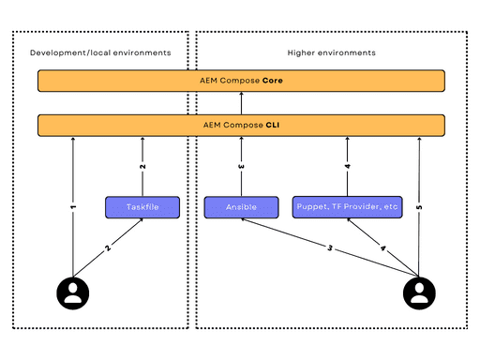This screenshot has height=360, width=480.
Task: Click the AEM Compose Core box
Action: click(x=241, y=81)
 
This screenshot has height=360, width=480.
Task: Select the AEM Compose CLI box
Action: click(x=241, y=125)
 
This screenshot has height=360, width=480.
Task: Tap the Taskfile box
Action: click(x=142, y=206)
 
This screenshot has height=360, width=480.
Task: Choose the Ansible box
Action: click(x=241, y=206)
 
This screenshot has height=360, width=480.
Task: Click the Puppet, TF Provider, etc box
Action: click(x=347, y=206)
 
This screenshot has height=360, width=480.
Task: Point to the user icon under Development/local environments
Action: click(x=72, y=292)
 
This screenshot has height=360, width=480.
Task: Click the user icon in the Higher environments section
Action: click(x=418, y=292)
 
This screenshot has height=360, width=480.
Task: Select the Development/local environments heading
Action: click(x=100, y=52)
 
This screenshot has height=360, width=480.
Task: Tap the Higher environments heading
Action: click(x=331, y=52)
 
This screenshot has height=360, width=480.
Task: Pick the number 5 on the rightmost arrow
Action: click(x=418, y=206)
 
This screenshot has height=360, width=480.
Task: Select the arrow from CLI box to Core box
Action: click(x=241, y=103)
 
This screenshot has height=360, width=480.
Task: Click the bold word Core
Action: click(x=273, y=81)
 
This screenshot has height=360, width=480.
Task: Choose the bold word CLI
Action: click(x=271, y=125)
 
